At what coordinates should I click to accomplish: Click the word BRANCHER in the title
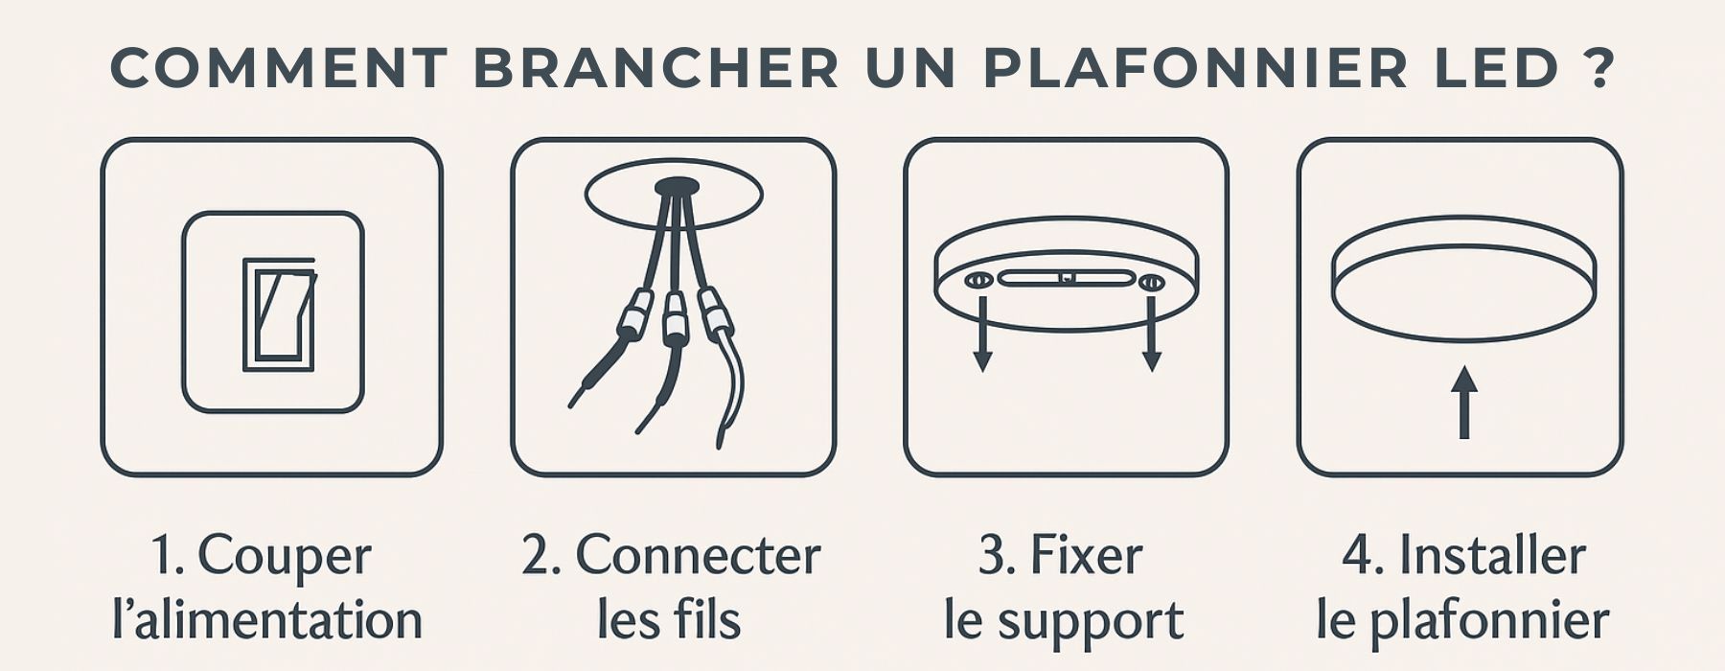pos(656,67)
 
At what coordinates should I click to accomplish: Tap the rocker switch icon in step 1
pos(278,313)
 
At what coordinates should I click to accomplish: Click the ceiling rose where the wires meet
pos(677,187)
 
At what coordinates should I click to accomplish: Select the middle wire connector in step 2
pos(676,320)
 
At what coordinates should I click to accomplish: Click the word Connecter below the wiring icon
pos(698,556)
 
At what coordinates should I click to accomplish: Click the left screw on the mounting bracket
pos(978,282)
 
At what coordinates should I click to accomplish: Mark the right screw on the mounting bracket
pos(1151,282)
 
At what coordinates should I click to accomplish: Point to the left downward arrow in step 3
pos(982,333)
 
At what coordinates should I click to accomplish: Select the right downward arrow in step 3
pos(1152,333)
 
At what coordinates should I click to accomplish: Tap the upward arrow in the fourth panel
pos(1463,403)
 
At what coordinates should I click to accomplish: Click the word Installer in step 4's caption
pos(1492,556)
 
